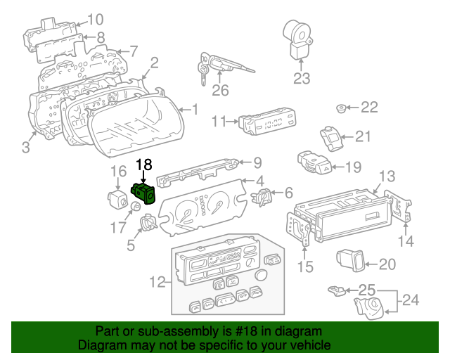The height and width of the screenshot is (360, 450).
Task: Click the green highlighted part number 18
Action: pyautogui.click(x=143, y=192)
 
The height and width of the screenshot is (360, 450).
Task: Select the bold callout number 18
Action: pyautogui.click(x=143, y=165)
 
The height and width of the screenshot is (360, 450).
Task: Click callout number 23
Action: pyautogui.click(x=301, y=78)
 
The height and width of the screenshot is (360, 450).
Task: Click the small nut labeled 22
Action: pyautogui.click(x=341, y=108)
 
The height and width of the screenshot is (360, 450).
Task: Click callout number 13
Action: pyautogui.click(x=387, y=175)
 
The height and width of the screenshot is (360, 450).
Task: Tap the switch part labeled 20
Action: pyautogui.click(x=349, y=261)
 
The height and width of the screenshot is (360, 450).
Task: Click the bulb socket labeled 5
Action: pyautogui.click(x=148, y=224)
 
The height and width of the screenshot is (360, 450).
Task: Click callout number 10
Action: pyautogui.click(x=94, y=20)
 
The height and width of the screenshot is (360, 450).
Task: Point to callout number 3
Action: pyautogui.click(x=25, y=147)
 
